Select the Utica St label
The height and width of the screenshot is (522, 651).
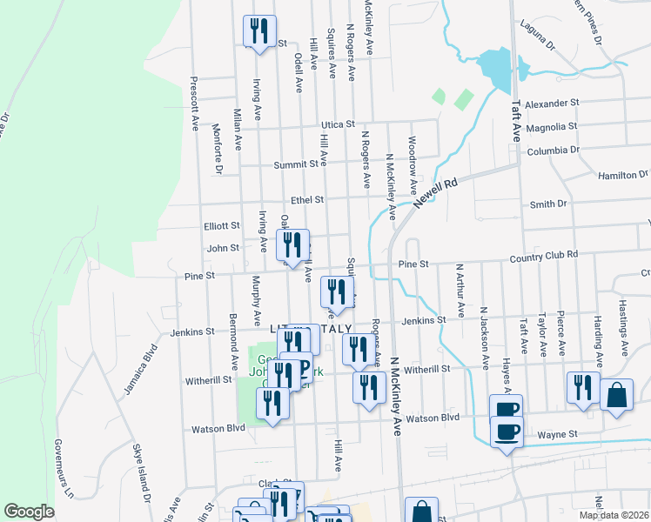click(x=339, y=124)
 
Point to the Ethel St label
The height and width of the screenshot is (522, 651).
click(x=307, y=199)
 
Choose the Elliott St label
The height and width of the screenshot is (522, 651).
click(x=222, y=225)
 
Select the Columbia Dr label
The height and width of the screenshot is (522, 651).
click(x=554, y=151)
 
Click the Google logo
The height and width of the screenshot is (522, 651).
click(x=29, y=512)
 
